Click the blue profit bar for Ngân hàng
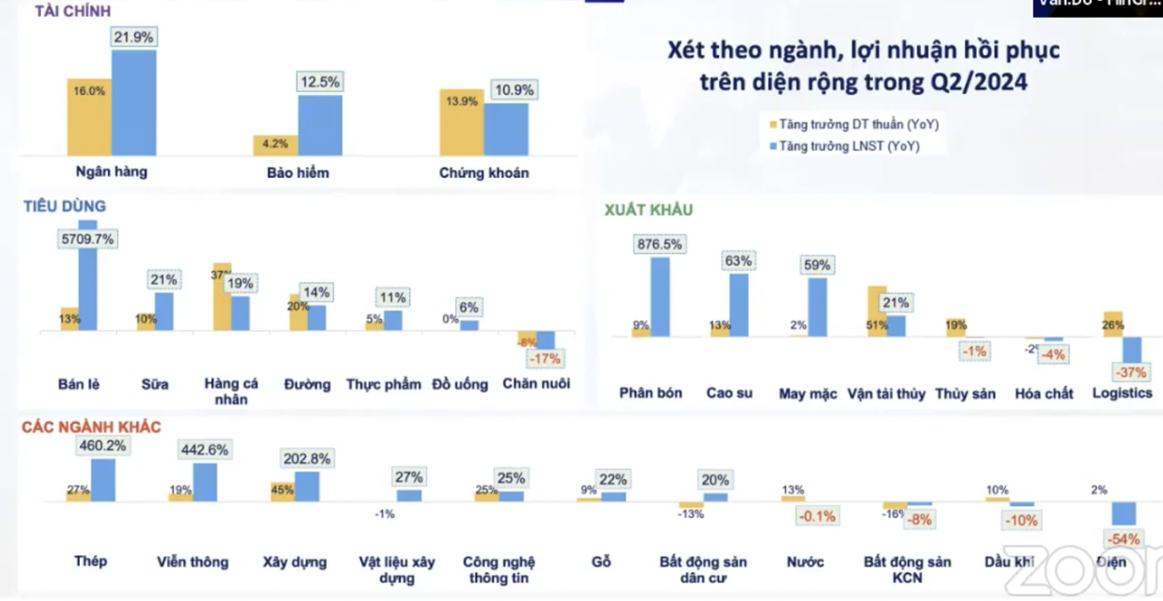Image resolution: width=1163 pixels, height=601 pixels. point(134,102)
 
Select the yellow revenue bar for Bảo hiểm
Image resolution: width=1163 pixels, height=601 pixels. point(275,145)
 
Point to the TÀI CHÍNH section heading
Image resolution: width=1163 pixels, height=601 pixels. point(73,11)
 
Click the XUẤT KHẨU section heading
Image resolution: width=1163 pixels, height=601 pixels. point(648,210)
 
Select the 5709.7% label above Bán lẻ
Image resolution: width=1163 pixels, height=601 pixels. point(87,239)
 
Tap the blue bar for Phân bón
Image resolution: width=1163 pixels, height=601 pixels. point(660,296)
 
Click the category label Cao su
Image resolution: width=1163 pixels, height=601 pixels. point(729,393)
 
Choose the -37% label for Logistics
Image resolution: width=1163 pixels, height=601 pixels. point(1131,373)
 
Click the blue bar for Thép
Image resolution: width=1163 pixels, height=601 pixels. point(103,480)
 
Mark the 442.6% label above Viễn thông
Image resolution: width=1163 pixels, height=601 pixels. point(204,449)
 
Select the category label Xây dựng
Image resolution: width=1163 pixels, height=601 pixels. point(295,562)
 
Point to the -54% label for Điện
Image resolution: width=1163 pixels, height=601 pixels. point(1123,540)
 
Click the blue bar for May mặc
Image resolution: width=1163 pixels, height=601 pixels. point(818,306)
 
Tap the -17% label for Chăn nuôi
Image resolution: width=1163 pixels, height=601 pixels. point(544,358)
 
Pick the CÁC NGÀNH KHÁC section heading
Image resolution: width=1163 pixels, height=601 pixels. point(92,427)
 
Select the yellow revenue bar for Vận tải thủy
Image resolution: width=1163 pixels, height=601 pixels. point(876,310)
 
